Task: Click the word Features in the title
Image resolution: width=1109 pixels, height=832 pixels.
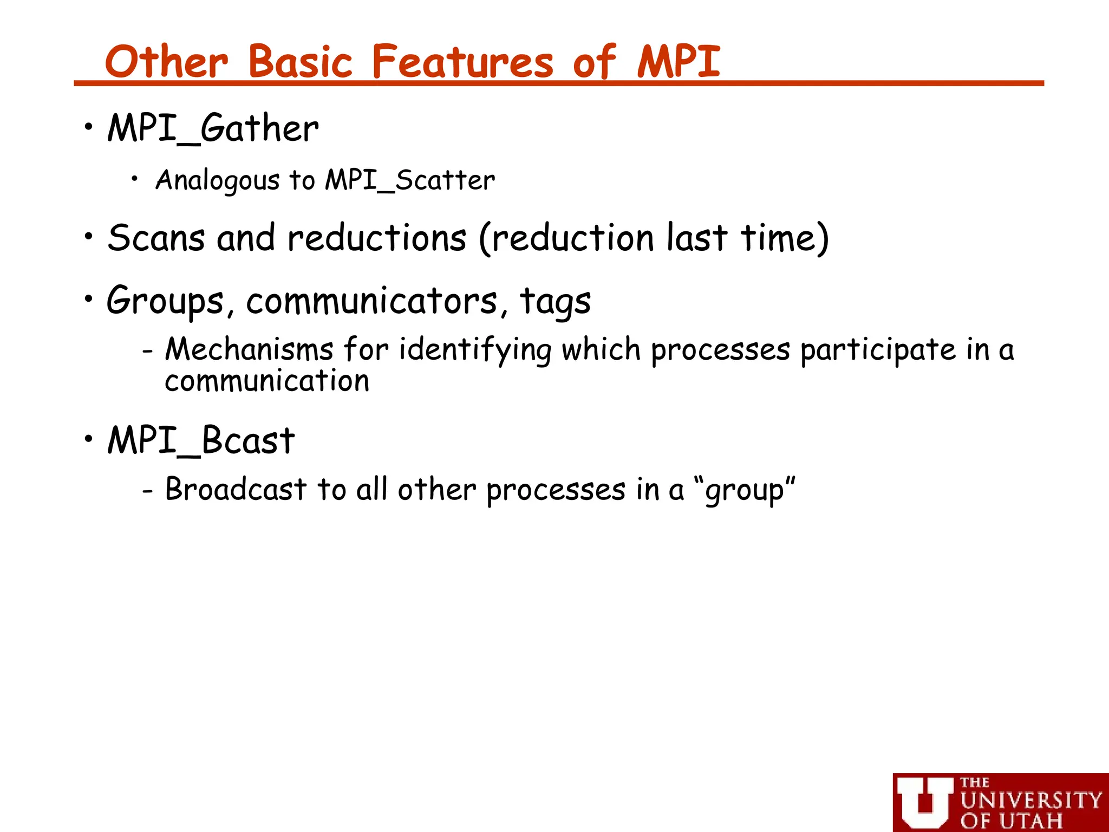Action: click(x=462, y=62)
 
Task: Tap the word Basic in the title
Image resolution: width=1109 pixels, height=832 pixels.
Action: click(x=301, y=62)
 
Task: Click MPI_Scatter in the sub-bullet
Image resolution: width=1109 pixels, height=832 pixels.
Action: click(x=410, y=180)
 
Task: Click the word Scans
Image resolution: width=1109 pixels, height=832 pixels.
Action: click(x=156, y=238)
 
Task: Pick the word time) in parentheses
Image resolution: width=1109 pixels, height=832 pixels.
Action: click(x=785, y=238)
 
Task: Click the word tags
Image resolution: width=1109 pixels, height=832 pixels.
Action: click(x=555, y=301)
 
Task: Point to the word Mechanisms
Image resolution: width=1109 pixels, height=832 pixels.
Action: click(x=249, y=349)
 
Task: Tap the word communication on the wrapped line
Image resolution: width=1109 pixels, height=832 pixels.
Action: click(x=267, y=381)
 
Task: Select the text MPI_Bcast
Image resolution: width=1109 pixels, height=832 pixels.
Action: click(x=201, y=440)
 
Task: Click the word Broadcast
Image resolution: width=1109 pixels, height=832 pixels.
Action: click(x=236, y=489)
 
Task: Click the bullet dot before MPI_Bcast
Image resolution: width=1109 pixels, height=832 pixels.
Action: click(x=89, y=439)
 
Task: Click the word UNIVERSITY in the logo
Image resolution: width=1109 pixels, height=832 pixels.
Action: click(x=1031, y=801)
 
